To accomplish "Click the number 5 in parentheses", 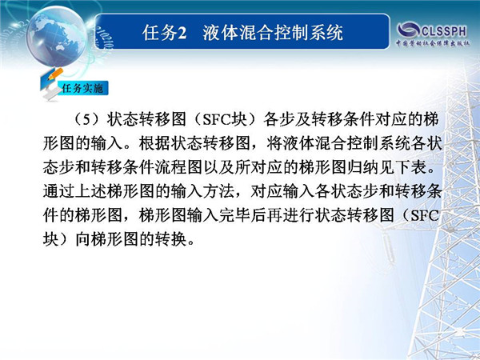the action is tap(87, 119).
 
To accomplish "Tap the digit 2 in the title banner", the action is tap(182, 33).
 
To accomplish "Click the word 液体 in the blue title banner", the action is tap(220, 33).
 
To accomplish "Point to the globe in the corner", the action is tap(56, 36).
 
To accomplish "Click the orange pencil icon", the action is tap(55, 74).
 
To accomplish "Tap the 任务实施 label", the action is tap(82, 88).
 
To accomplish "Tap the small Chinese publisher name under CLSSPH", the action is tap(433, 43).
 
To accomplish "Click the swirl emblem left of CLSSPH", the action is tap(409, 30).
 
